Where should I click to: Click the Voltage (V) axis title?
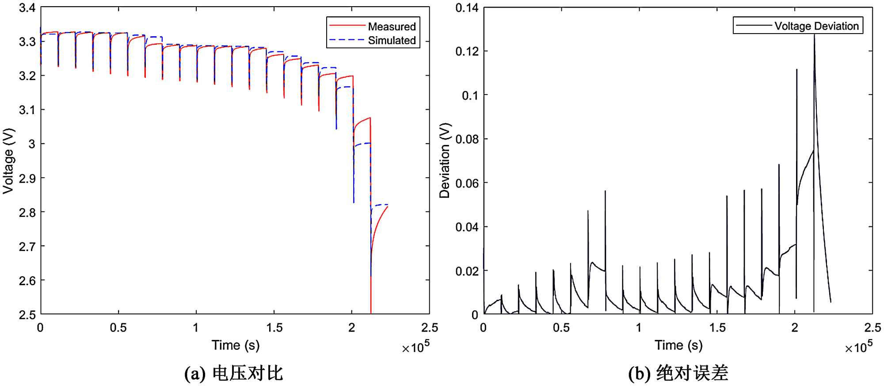click(x=8, y=161)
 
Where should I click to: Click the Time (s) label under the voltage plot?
click(x=235, y=345)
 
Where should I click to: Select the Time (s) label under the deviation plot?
click(x=678, y=345)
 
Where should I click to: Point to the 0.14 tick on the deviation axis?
click(x=467, y=8)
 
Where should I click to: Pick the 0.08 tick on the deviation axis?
click(x=467, y=139)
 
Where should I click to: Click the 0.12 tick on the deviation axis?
click(x=467, y=51)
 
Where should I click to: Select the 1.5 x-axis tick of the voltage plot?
click(x=274, y=328)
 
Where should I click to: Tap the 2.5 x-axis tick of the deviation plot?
click(x=873, y=328)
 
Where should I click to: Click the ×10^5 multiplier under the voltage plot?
click(x=415, y=348)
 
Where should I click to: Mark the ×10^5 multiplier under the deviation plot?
click(x=859, y=348)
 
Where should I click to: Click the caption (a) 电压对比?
click(x=233, y=374)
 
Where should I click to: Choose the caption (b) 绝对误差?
click(x=678, y=374)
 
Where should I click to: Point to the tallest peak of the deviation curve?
click(x=814, y=35)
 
